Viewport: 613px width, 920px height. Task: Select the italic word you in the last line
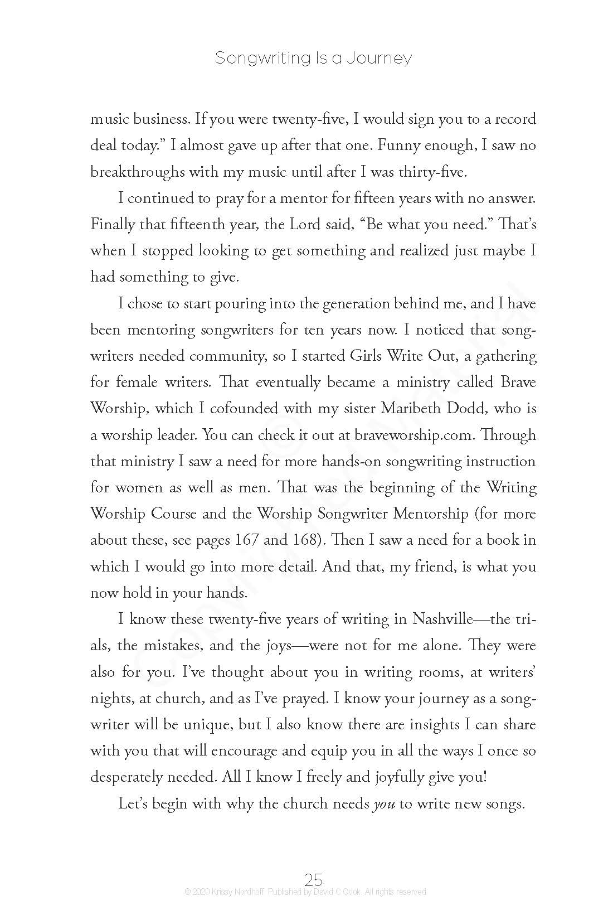point(383,804)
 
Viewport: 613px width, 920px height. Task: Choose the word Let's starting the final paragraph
point(134,804)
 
